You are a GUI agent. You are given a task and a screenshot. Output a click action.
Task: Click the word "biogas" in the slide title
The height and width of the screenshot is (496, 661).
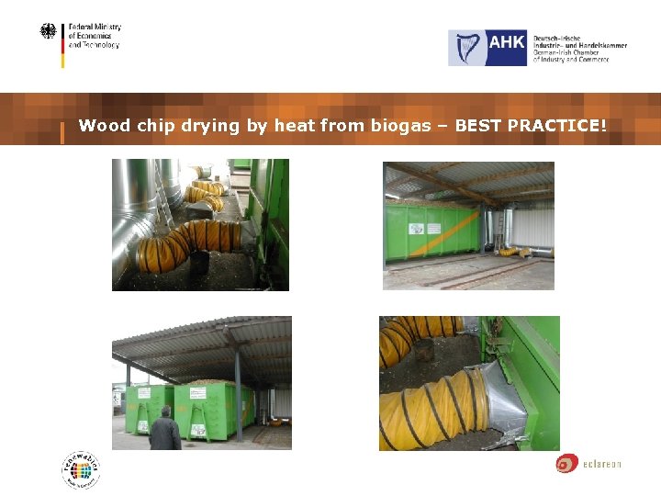pyautogui.click(x=400, y=126)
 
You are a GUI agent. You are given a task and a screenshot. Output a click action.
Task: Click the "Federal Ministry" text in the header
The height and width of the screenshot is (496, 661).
pyautogui.click(x=95, y=28)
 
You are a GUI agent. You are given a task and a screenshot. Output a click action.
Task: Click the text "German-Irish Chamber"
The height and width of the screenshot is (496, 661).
pyautogui.click(x=568, y=51)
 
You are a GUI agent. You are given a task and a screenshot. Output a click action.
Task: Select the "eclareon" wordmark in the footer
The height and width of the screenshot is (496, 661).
pyautogui.click(x=601, y=464)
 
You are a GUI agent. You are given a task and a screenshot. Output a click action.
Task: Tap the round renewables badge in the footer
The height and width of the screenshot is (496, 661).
pyautogui.click(x=81, y=470)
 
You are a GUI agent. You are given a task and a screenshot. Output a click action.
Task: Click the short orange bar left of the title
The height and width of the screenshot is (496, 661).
pyautogui.click(x=62, y=132)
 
